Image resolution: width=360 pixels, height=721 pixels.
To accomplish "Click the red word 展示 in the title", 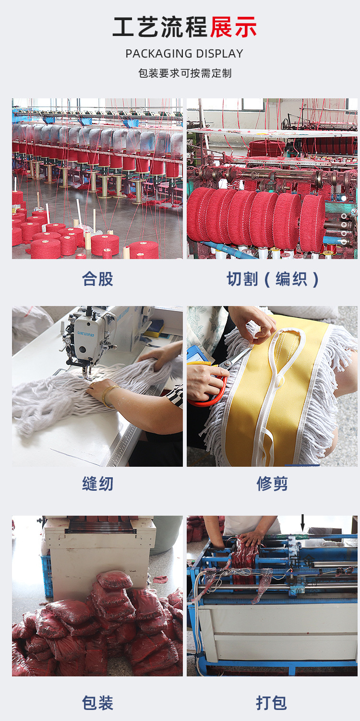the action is (x=233, y=27).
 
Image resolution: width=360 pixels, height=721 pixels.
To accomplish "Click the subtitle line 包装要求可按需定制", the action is (x=185, y=73).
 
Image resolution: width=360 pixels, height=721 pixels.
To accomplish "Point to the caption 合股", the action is (x=97, y=279).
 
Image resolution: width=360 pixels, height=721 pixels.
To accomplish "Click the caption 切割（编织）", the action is (x=273, y=279).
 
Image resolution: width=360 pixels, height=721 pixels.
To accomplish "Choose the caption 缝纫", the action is (x=97, y=484).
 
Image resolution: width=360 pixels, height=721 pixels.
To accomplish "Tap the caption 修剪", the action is (x=272, y=484).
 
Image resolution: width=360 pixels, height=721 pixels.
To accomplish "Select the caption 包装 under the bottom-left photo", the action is (x=97, y=703).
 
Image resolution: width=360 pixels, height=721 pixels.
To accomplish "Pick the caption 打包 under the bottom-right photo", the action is (x=272, y=703).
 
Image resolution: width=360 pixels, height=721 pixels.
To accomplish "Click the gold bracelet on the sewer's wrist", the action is (x=108, y=395).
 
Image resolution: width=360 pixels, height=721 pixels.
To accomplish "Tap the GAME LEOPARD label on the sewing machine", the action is (x=85, y=333).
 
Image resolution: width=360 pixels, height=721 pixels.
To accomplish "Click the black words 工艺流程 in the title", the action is (x=160, y=27).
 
